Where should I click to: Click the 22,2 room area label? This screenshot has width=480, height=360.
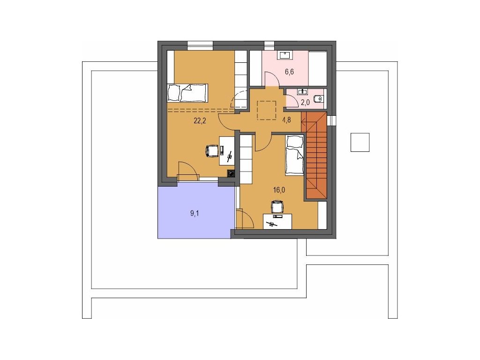click(x=200, y=120)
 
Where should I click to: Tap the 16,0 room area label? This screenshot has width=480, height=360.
click(x=279, y=190)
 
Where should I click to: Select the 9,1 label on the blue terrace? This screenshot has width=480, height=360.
click(x=195, y=213)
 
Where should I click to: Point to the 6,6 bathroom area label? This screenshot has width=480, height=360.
click(x=289, y=72)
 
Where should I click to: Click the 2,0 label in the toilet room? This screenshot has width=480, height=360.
click(x=305, y=102)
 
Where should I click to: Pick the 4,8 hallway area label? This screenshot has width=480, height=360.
click(x=286, y=120)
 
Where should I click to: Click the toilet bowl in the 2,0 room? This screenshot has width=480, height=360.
click(x=319, y=98)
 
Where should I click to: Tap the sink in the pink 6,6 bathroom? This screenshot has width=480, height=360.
click(x=285, y=55)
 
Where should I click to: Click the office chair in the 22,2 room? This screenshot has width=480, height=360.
click(x=211, y=150)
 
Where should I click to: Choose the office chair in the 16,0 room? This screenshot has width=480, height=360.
click(x=277, y=206)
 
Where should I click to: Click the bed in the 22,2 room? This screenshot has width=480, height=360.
click(x=187, y=93)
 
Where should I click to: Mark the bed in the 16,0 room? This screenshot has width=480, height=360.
click(x=294, y=155)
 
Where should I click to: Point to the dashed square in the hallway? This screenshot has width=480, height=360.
click(x=267, y=110)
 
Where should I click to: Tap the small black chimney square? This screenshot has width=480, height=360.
click(x=231, y=174)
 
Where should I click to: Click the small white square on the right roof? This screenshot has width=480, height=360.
click(x=360, y=142)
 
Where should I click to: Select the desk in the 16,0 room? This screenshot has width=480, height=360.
click(x=277, y=221)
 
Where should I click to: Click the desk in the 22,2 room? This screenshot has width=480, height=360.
click(x=227, y=151)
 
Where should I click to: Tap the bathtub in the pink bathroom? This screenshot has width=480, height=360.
click(x=317, y=68)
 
